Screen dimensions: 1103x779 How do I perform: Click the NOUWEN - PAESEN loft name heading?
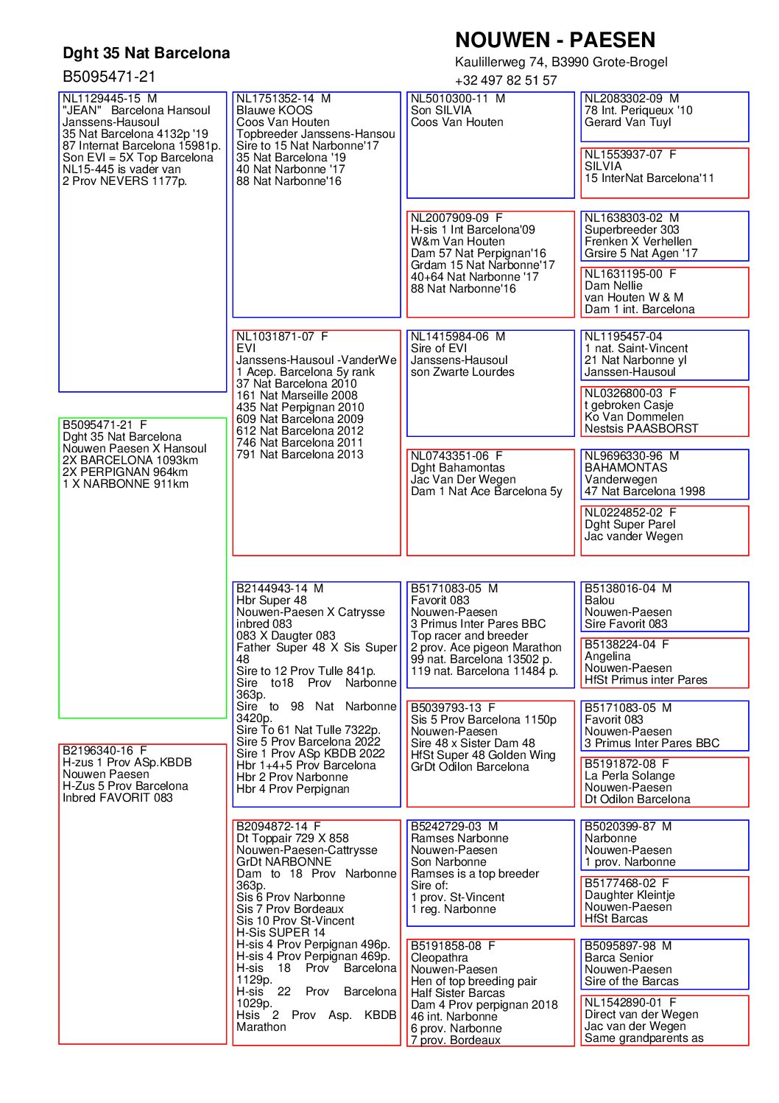coord(554,40)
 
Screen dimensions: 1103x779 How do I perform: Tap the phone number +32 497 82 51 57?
coord(505,80)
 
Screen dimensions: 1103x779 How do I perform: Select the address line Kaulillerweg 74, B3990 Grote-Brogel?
coord(561,62)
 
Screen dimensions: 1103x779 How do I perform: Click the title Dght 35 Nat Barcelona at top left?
coord(146,53)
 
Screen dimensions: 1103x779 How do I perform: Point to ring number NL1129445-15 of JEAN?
coord(102,99)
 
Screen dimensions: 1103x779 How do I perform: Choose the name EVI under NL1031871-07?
coord(246,349)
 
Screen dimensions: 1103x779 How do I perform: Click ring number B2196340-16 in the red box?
coord(98,751)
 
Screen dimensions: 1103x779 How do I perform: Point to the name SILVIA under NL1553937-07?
coord(603,167)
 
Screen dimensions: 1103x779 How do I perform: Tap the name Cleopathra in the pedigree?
coord(439,958)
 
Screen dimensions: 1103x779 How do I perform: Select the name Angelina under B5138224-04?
coord(607,656)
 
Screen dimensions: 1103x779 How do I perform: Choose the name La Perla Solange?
coord(630,776)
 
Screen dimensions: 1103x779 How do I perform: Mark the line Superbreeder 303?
coord(632,230)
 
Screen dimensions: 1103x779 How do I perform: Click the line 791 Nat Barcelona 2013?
coord(300,455)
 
